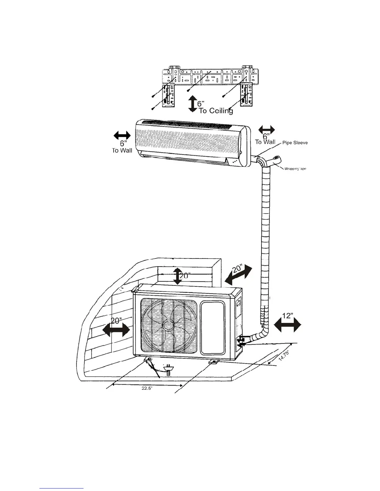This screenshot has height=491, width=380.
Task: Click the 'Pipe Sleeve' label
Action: pyautogui.click(x=295, y=143)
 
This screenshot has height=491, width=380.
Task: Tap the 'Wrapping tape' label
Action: pyautogui.click(x=295, y=169)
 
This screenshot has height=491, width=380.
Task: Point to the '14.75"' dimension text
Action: pyautogui.click(x=283, y=355)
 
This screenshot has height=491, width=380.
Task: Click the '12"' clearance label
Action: pyautogui.click(x=288, y=316)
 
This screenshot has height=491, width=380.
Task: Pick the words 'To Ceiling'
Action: pyautogui.click(x=216, y=111)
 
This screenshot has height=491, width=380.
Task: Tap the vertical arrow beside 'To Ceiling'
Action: pyautogui.click(x=193, y=104)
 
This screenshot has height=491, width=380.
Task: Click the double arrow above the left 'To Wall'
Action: pyautogui.click(x=122, y=135)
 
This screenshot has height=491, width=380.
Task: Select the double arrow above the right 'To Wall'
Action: pyautogui.click(x=267, y=130)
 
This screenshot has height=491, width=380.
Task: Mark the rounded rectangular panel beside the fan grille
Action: pyautogui.click(x=212, y=328)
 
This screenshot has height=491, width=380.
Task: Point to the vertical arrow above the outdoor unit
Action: pyautogui.click(x=177, y=276)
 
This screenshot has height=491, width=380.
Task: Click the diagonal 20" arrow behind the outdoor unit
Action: pyautogui.click(x=238, y=274)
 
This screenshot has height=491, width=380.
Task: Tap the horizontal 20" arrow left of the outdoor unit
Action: pyautogui.click(x=116, y=330)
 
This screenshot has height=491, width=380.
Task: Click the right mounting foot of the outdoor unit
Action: pyautogui.click(x=213, y=361)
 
